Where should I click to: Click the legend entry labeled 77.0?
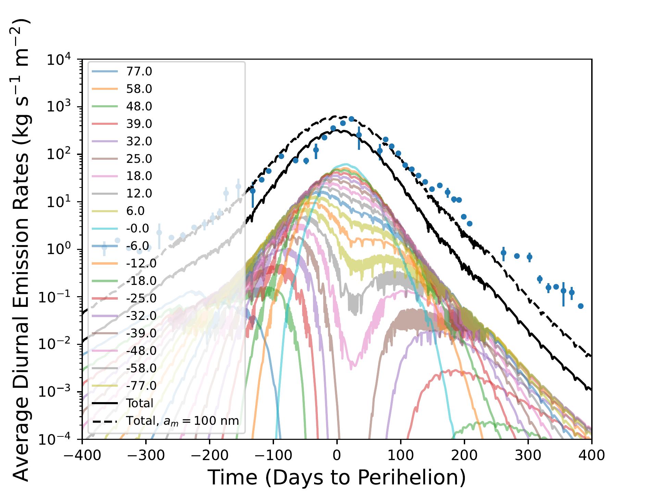pyautogui.click(x=139, y=72)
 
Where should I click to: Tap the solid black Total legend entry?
pyautogui.click(x=139, y=403)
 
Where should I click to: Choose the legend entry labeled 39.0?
pyautogui.click(x=139, y=124)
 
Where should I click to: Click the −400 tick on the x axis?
pyautogui.click(x=82, y=455)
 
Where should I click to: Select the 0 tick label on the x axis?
pyautogui.click(x=337, y=455)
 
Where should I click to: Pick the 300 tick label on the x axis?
pyautogui.click(x=528, y=455)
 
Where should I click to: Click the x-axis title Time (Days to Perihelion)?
pyautogui.click(x=337, y=477)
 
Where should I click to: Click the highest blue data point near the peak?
pyautogui.click(x=351, y=119)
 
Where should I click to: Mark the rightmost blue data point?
pyautogui.click(x=581, y=306)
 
